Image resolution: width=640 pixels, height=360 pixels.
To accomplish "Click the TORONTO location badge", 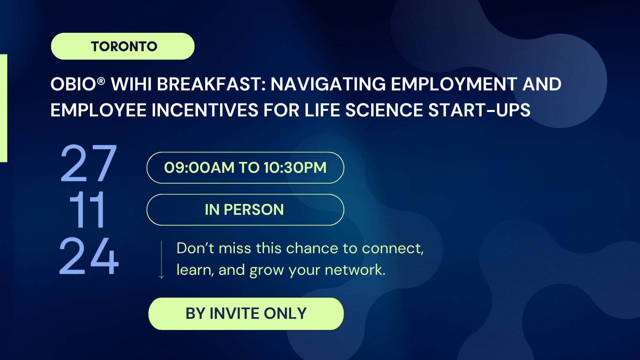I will pyautogui.click(x=123, y=46).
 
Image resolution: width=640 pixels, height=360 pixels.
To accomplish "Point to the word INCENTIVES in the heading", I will pyautogui.click(x=205, y=110).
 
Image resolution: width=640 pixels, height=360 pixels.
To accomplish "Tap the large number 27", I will pyautogui.click(x=88, y=163).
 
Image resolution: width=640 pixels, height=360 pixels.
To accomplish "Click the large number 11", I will pyautogui.click(x=88, y=210).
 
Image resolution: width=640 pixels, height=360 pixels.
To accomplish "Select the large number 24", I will pyautogui.click(x=89, y=256).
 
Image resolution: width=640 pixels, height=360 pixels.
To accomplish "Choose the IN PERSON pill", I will pyautogui.click(x=245, y=210).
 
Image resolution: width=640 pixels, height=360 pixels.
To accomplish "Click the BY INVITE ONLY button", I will pyautogui.click(x=246, y=314).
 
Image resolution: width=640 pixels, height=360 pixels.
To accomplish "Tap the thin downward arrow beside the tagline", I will pyautogui.click(x=162, y=260).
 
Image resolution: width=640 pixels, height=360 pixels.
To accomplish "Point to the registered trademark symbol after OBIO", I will pyautogui.click(x=101, y=81).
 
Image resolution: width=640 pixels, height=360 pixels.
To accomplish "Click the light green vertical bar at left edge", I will pyautogui.click(x=4, y=108).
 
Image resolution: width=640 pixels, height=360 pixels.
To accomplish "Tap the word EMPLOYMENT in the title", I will pyautogui.click(x=454, y=84).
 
